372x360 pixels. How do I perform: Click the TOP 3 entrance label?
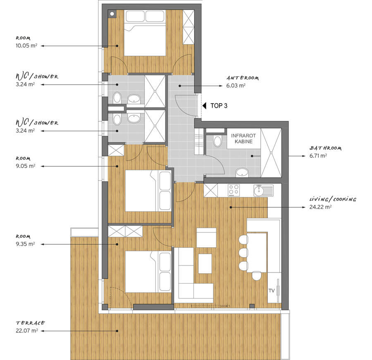tap(219, 106)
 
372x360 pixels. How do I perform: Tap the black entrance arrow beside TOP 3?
tap(204, 106)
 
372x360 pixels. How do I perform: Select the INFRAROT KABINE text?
tap(243, 139)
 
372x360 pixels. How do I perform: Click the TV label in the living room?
tap(272, 291)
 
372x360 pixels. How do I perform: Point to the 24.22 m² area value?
tap(320, 207)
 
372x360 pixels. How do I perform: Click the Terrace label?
tap(30, 323)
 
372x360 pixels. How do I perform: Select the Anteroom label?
tap(243, 78)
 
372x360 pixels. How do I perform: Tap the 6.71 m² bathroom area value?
tap(318, 156)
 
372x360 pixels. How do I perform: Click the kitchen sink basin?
tap(258, 190)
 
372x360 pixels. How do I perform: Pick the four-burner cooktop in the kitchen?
tap(234, 190)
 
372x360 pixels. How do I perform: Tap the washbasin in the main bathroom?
tap(242, 172)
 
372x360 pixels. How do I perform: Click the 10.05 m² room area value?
tap(26, 46)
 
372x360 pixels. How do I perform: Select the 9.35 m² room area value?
tap(25, 244)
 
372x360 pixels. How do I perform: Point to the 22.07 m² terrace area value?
tap(27, 330)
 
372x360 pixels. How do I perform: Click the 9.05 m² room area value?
tap(25, 166)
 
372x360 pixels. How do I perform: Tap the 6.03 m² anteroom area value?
tap(236, 85)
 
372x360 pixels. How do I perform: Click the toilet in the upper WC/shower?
tap(117, 97)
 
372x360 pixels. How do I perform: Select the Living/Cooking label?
tap(333, 199)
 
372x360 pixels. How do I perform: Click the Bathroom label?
tap(325, 148)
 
